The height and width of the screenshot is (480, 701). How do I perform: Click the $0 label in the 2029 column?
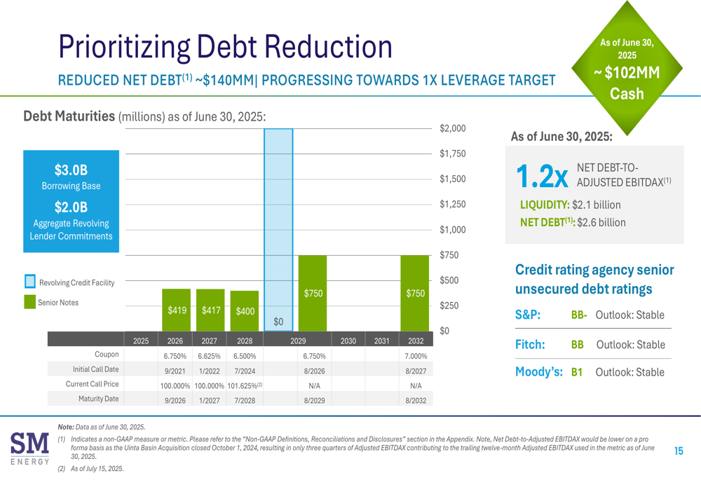[x=278, y=322]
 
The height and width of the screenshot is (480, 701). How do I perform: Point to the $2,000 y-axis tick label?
[x=452, y=129]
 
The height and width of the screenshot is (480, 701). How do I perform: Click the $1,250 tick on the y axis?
[x=452, y=205]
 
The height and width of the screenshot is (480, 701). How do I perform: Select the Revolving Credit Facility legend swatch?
[x=30, y=282]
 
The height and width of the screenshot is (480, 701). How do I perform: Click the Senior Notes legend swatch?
[x=30, y=303]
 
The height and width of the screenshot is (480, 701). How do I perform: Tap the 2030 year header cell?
[x=348, y=341]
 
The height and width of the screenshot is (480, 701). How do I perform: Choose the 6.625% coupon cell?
[x=209, y=356]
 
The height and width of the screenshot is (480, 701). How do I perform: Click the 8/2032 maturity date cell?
[x=416, y=400]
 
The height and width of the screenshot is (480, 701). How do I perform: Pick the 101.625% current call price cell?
[x=244, y=385]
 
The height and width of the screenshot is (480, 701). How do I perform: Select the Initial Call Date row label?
[x=96, y=369]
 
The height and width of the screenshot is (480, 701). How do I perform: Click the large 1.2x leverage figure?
[x=541, y=177]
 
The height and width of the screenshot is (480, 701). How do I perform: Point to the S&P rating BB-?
[x=579, y=315]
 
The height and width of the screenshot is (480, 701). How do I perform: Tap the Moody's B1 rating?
[x=577, y=372]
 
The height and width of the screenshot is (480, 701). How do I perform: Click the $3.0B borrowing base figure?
[x=71, y=170]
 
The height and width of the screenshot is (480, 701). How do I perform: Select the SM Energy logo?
[x=27, y=447]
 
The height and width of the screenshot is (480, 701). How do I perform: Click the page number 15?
[x=679, y=451]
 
